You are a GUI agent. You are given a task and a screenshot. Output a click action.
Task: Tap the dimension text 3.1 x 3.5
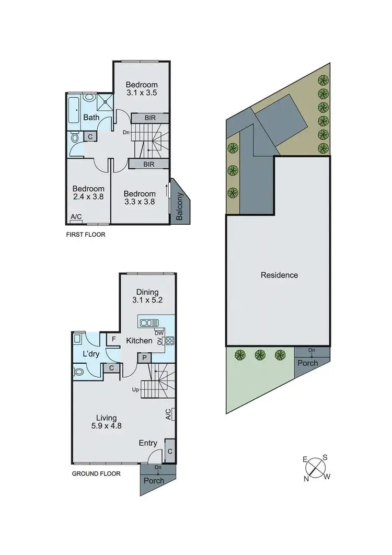click(x=142, y=93)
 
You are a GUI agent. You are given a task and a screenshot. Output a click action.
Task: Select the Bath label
click(x=91, y=118)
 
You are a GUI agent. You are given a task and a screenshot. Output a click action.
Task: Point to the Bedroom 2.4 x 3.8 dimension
click(x=88, y=198)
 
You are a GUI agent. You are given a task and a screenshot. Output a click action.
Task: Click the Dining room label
click(x=147, y=292)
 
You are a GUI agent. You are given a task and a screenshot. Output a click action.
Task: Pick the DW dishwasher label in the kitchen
click(x=158, y=332)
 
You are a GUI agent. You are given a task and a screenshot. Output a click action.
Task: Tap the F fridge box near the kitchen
click(x=114, y=339)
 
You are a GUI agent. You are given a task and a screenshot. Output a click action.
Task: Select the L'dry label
click(x=91, y=354)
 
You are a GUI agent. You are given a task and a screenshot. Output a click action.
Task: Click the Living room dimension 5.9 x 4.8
click(x=110, y=426)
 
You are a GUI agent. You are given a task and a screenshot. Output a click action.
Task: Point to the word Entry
click(x=148, y=443)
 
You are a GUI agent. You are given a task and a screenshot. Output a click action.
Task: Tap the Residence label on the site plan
click(x=279, y=275)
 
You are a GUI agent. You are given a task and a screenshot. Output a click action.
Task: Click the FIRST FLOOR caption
click(x=86, y=235)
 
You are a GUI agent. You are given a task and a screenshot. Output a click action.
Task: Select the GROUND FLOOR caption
click(x=96, y=474)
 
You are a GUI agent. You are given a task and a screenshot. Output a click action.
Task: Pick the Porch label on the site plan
click(x=307, y=363)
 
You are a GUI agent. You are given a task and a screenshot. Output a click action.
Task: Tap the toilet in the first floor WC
click(x=75, y=138)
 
